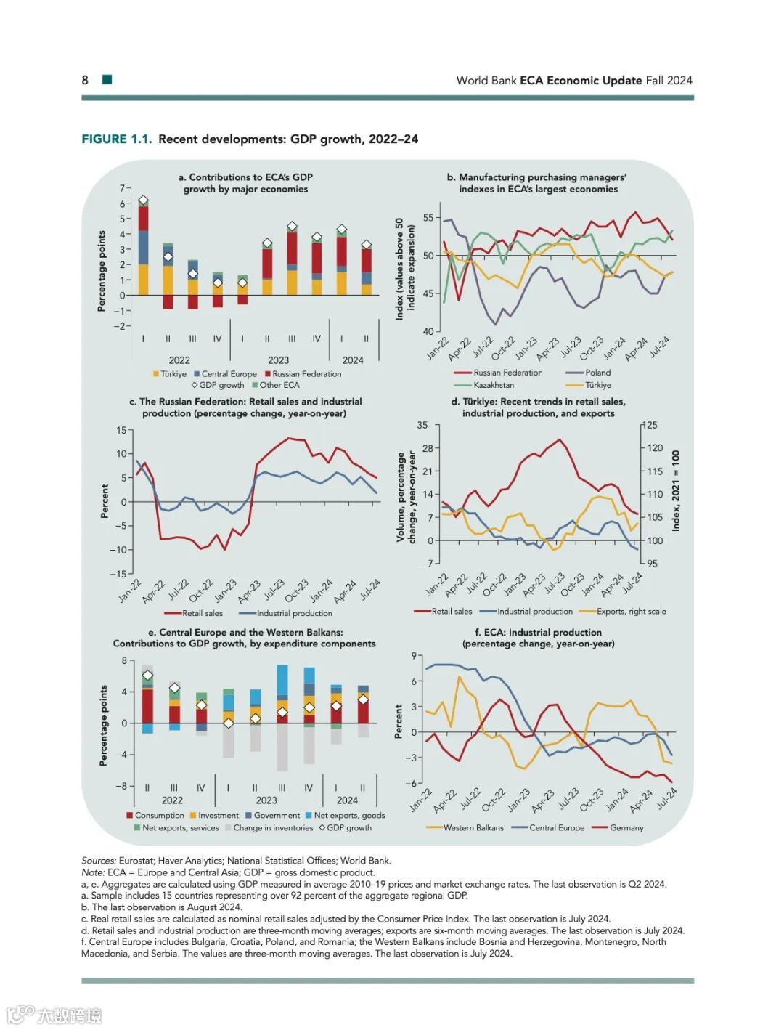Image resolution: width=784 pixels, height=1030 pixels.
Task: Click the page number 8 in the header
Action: pyautogui.click(x=85, y=80)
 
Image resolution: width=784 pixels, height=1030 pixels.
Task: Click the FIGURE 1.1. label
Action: pyautogui.click(x=116, y=139)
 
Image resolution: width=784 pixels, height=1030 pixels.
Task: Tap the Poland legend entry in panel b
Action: pyautogui.click(x=597, y=373)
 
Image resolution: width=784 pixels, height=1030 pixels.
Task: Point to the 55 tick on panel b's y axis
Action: pyautogui.click(x=428, y=218)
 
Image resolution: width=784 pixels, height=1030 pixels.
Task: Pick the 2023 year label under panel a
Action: pyautogui.click(x=278, y=360)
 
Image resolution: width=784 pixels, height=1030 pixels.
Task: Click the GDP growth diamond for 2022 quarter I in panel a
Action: pyautogui.click(x=143, y=200)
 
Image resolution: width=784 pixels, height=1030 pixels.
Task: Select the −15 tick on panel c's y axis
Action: pyautogui.click(x=118, y=574)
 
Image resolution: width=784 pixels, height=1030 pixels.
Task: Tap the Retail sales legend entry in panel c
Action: pyautogui.click(x=203, y=613)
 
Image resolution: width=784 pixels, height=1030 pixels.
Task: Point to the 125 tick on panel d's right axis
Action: pyautogui.click(x=651, y=425)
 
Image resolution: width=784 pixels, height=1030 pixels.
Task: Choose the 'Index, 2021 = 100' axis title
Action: pyautogui.click(x=676, y=491)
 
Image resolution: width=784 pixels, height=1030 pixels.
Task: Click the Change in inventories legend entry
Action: pyautogui.click(x=273, y=827)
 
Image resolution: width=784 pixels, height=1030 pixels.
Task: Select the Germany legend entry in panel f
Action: pyautogui.click(x=626, y=827)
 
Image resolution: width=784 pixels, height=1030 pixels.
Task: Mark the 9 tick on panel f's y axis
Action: pyautogui.click(x=414, y=656)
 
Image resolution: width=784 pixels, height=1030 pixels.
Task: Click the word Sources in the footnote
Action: pyautogui.click(x=98, y=861)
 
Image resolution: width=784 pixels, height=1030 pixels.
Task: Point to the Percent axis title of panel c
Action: pyautogui.click(x=105, y=501)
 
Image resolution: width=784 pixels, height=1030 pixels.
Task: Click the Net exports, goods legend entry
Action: pyautogui.click(x=349, y=816)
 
